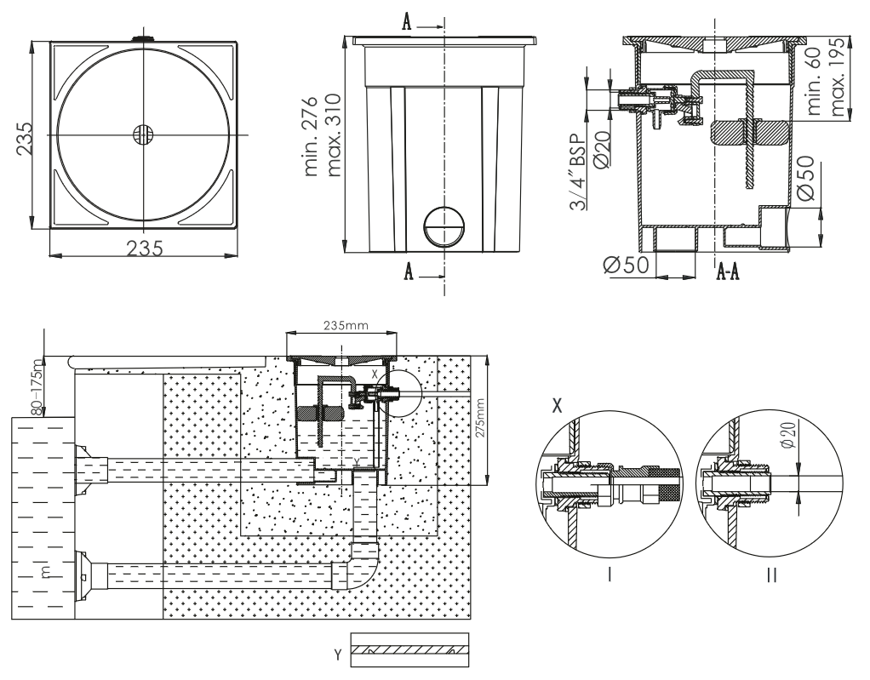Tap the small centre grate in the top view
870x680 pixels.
click(x=143, y=134)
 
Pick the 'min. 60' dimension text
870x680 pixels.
click(x=818, y=83)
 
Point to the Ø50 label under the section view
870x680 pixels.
click(x=627, y=266)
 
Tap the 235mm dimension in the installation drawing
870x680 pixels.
click(x=345, y=324)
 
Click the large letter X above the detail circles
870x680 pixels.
click(x=558, y=406)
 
